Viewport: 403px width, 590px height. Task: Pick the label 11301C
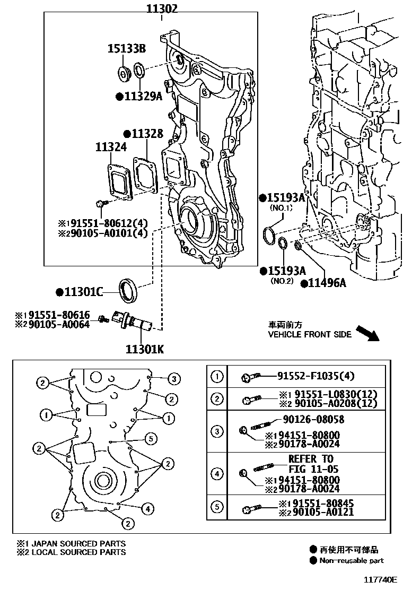pyautogui.click(x=83, y=291)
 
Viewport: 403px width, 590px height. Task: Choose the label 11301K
pyautogui.click(x=145, y=349)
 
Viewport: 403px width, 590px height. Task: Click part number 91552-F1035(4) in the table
pyautogui.click(x=316, y=377)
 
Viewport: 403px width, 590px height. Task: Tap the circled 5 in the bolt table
pyautogui.click(x=217, y=507)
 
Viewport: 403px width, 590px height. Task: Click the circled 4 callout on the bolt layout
pyautogui.click(x=148, y=509)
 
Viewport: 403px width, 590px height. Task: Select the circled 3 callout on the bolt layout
pyautogui.click(x=173, y=378)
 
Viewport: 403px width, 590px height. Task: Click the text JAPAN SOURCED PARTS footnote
pyautogui.click(x=78, y=543)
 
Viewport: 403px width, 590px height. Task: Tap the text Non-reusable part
pyautogui.click(x=352, y=560)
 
